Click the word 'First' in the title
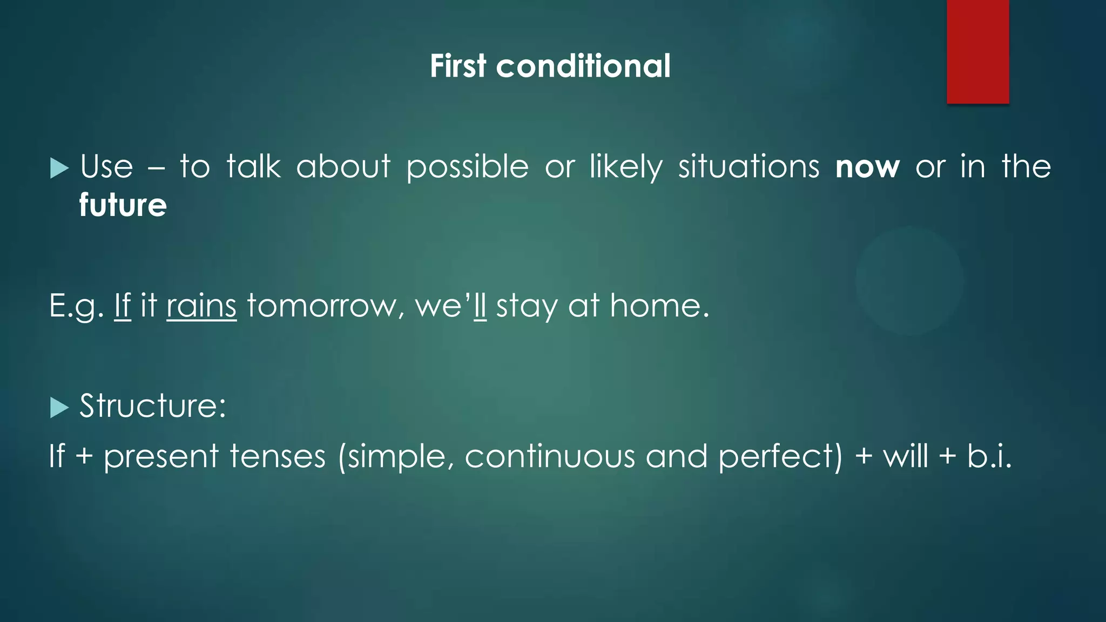click(x=458, y=66)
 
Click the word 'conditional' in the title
click(x=583, y=66)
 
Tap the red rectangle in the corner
click(x=977, y=52)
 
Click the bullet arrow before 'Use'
click(x=59, y=168)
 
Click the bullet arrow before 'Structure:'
click(x=59, y=408)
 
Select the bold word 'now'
click(x=867, y=167)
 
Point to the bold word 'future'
click(x=123, y=205)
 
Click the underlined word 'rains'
click(x=201, y=306)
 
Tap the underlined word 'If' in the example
click(x=123, y=306)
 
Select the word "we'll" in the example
click(x=450, y=306)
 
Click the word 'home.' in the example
click(x=659, y=306)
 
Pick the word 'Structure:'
click(x=153, y=406)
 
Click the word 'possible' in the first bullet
click(x=467, y=167)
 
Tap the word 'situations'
click(x=748, y=167)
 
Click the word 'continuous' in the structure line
click(x=549, y=456)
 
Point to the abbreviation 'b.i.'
click(x=989, y=456)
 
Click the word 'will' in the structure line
click(x=905, y=456)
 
